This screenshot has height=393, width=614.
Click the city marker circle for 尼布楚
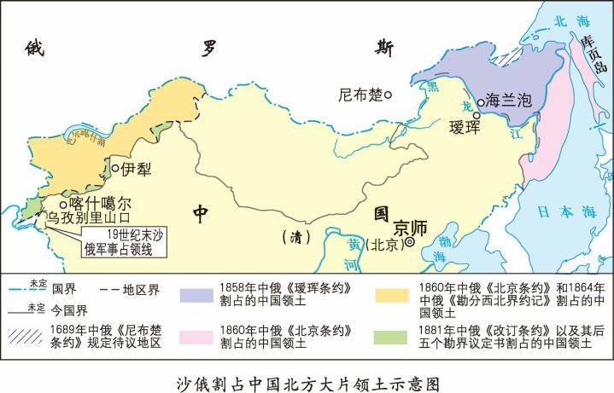388,95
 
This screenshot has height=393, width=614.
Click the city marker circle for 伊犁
115,168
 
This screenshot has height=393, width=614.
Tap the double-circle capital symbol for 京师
409,242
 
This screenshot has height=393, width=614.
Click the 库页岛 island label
587,55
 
